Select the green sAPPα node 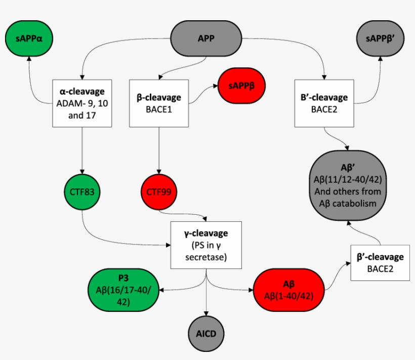[x=30, y=38]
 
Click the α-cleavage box [x=82, y=102]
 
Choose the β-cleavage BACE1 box [x=159, y=102]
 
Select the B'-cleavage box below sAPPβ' [x=324, y=102]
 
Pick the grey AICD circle [x=206, y=334]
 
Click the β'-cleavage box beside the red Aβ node [x=380, y=262]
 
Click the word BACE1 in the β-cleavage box [x=159, y=108]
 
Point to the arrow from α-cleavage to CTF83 [x=82, y=149]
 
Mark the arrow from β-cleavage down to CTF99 [x=159, y=149]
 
